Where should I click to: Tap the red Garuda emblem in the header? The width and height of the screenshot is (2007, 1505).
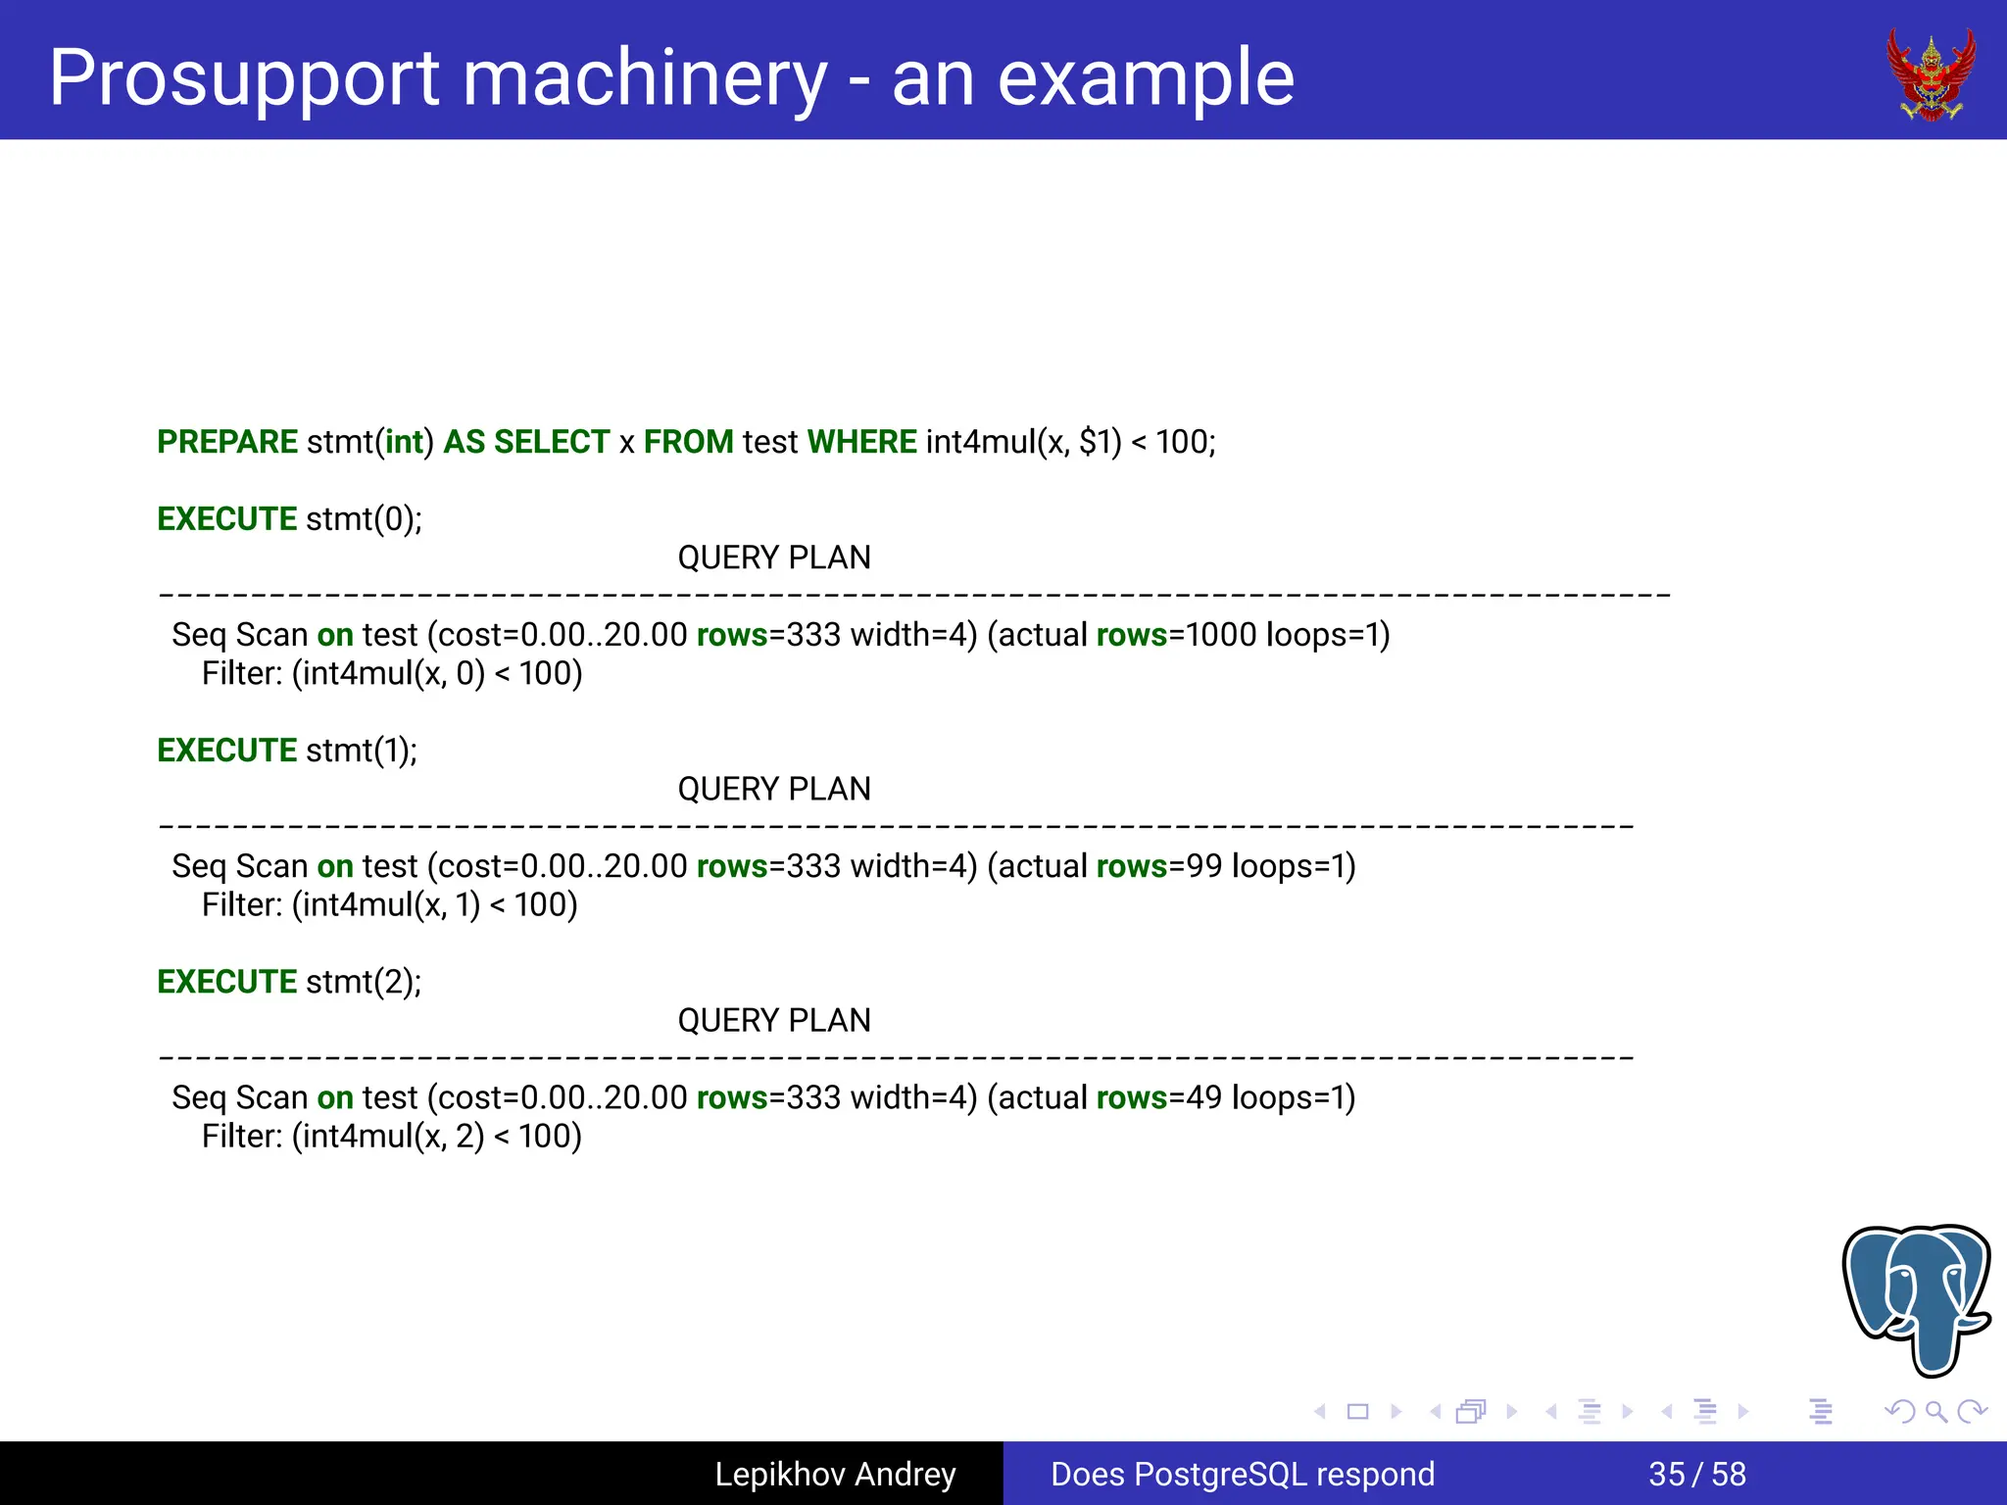click(x=1931, y=74)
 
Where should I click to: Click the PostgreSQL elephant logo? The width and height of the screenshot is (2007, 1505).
click(x=1917, y=1297)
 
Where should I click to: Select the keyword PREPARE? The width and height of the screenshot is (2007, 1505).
click(x=227, y=442)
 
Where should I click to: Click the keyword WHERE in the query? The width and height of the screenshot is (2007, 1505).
click(x=861, y=442)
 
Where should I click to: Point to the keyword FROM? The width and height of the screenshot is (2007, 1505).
click(x=688, y=442)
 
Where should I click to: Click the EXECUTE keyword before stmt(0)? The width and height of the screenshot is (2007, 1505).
click(x=227, y=518)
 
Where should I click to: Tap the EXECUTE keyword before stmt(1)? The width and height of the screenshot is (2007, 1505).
click(x=227, y=750)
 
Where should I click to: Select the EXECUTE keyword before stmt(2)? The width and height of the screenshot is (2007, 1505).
click(x=227, y=981)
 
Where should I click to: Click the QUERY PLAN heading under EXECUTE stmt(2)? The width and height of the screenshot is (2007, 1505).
click(x=774, y=1020)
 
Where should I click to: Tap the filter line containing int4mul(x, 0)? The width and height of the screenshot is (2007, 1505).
click(x=392, y=673)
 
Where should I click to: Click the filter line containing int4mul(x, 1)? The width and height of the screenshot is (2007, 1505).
click(x=390, y=904)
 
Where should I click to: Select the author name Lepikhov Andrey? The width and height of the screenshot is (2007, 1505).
click(x=835, y=1474)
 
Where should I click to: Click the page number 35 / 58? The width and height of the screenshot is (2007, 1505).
click(x=1697, y=1474)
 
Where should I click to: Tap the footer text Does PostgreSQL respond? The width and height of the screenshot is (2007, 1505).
click(x=1243, y=1474)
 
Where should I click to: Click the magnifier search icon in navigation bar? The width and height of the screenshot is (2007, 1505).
click(x=1935, y=1412)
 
